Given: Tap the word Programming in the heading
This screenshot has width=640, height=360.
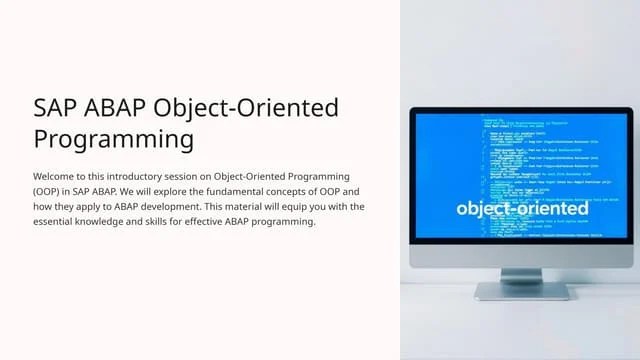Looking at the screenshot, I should tap(112, 137).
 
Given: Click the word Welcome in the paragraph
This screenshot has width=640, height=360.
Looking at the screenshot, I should tap(56, 176).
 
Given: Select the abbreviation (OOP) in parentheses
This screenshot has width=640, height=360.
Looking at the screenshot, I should tap(48, 191).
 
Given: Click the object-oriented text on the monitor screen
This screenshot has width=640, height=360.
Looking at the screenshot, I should tap(522, 209).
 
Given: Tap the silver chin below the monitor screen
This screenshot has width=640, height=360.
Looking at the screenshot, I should tap(522, 256).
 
